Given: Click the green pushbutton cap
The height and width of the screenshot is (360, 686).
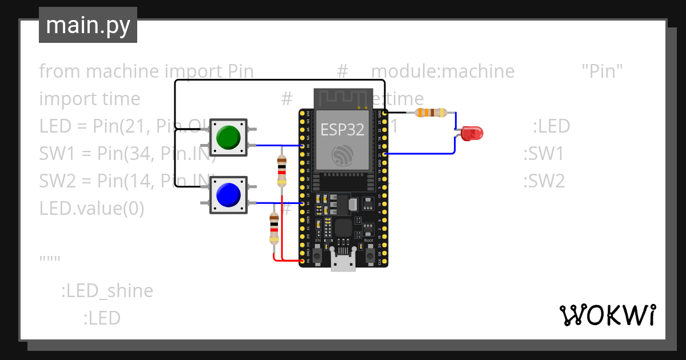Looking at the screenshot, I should [228, 137].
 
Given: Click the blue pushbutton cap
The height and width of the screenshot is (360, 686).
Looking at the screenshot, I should [228, 195].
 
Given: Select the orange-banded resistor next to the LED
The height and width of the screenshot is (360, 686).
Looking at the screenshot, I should [430, 113].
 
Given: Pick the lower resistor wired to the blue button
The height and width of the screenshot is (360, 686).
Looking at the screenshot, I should [274, 229].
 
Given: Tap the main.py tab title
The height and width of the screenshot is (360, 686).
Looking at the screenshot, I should [87, 26].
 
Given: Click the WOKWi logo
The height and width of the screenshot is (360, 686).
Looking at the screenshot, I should [607, 315].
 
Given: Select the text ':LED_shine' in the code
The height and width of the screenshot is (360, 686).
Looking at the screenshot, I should [107, 291].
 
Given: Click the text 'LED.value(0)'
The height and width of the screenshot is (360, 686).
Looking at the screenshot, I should [91, 209].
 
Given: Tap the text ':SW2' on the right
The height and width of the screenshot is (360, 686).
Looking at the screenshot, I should [544, 181].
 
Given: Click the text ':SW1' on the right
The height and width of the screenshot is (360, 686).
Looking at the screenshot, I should [544, 154].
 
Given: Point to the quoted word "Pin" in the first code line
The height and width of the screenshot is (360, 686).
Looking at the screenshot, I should [602, 71].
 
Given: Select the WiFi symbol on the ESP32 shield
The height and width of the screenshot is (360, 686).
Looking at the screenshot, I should [342, 155].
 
